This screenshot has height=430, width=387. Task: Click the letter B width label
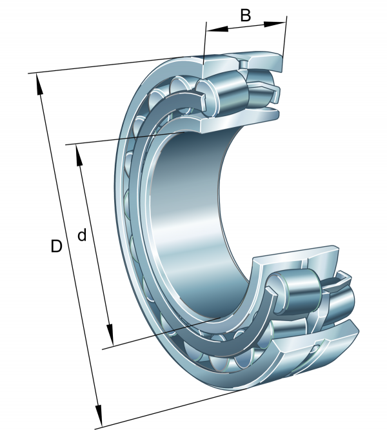[x=246, y=15]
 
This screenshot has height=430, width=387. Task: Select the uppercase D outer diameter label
[x=57, y=246]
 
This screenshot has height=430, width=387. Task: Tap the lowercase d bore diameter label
[x=82, y=235]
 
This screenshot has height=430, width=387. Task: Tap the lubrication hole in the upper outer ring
[x=243, y=63]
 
